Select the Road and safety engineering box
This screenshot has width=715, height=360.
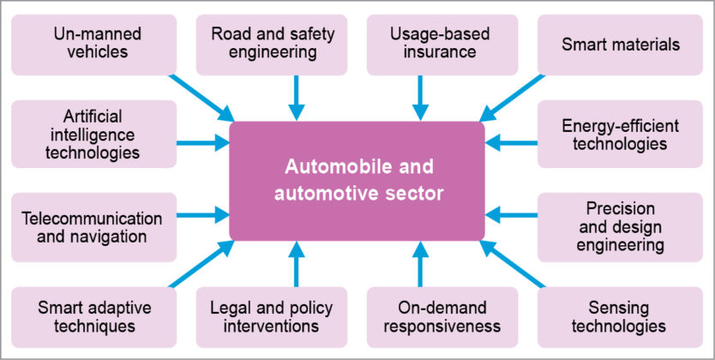click(272, 42)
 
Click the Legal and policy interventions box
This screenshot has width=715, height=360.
click(272, 316)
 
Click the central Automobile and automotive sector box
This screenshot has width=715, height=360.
click(357, 180)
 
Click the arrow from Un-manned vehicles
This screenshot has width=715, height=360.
click(202, 97)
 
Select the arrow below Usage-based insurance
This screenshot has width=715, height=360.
click(420, 97)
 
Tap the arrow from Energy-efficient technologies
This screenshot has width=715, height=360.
click(511, 143)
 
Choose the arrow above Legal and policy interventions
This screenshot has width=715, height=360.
click(296, 264)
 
